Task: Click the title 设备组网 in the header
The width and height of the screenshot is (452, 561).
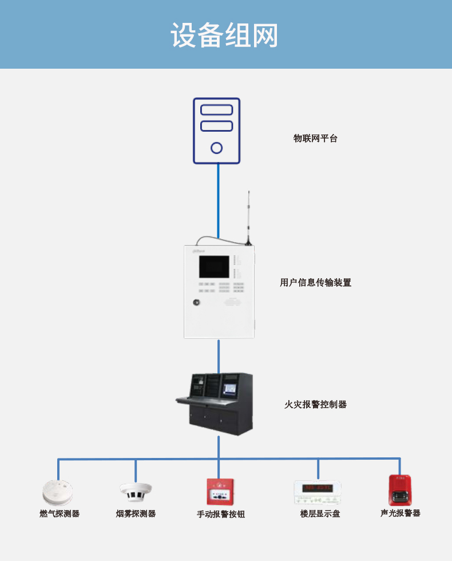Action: (224, 35)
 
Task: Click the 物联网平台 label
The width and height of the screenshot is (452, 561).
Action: (315, 138)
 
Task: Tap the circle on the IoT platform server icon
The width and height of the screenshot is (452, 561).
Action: (216, 148)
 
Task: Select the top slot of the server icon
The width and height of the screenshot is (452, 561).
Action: (216, 109)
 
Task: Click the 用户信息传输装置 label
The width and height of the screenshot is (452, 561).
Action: (315, 282)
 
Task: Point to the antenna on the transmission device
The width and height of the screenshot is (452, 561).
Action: (248, 218)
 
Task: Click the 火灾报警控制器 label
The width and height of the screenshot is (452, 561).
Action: (315, 404)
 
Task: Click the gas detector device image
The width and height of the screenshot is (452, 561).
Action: (58, 491)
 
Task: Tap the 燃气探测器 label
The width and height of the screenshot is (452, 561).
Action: (60, 513)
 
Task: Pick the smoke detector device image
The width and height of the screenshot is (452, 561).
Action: (136, 491)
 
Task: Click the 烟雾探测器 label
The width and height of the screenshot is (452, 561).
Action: (136, 513)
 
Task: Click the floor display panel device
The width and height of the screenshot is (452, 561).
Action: (318, 491)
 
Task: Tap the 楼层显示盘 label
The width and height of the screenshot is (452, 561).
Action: (320, 513)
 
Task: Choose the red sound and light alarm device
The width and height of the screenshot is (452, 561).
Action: (400, 489)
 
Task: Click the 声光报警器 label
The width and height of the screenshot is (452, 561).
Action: (400, 513)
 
